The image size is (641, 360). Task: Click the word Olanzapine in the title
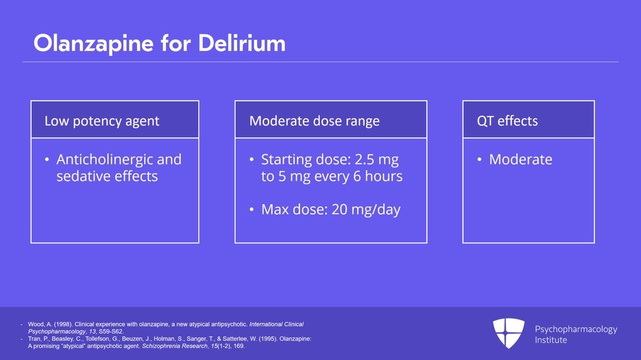93,43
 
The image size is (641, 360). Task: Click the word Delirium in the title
242,43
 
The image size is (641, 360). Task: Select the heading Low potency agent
102,121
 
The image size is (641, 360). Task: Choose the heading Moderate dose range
314,121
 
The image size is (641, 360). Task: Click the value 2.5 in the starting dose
365,159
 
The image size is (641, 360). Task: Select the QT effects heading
507,121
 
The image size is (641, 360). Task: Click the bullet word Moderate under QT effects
520,159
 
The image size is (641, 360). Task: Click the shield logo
508,333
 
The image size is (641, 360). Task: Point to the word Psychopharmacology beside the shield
576,329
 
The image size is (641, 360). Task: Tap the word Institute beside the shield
551,340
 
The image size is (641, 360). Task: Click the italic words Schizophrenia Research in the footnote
175,346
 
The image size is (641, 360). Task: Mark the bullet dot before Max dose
252,209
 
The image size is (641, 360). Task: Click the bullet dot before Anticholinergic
47,160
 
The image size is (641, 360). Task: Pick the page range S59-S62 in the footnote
111,332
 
